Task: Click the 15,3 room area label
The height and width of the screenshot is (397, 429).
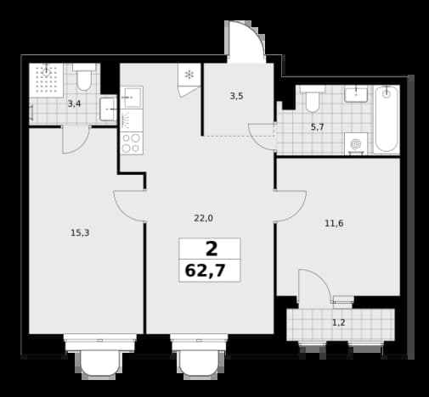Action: (80, 233)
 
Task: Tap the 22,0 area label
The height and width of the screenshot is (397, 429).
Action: (203, 218)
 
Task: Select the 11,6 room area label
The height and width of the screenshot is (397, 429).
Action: (334, 224)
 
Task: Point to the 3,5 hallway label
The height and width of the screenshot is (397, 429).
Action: (236, 97)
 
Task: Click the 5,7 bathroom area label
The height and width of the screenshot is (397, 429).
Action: (317, 127)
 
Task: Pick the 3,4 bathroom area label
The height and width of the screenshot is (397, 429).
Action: (74, 104)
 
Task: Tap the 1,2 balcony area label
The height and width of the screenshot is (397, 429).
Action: (338, 322)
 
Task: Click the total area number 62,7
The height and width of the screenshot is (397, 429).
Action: (205, 271)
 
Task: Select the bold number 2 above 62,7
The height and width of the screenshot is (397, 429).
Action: (212, 249)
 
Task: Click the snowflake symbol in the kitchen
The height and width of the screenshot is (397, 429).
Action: (189, 75)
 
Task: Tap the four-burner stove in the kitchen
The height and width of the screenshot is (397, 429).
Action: (132, 143)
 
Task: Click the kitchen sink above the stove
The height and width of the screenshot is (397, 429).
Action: (132, 98)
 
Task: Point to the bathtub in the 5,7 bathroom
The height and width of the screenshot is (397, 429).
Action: (387, 120)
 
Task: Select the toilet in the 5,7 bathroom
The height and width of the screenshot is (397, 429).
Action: (313, 99)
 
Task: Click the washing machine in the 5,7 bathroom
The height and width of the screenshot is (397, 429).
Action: (356, 144)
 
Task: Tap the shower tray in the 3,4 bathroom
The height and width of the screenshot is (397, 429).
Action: (46, 81)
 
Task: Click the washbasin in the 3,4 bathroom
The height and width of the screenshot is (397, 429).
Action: (108, 109)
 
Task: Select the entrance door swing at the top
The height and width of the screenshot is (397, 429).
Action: (246, 42)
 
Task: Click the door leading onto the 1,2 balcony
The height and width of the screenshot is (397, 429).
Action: (314, 286)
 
